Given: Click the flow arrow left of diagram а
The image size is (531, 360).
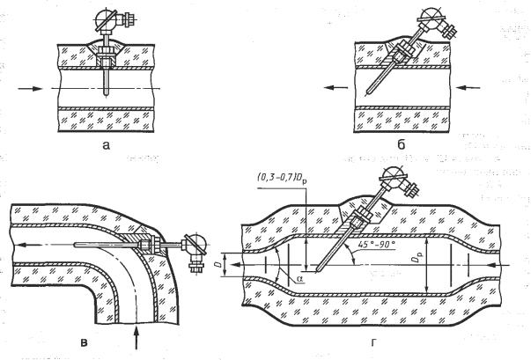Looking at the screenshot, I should [x=27, y=89].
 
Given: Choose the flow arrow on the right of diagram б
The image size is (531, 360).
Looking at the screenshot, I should [x=470, y=87].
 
